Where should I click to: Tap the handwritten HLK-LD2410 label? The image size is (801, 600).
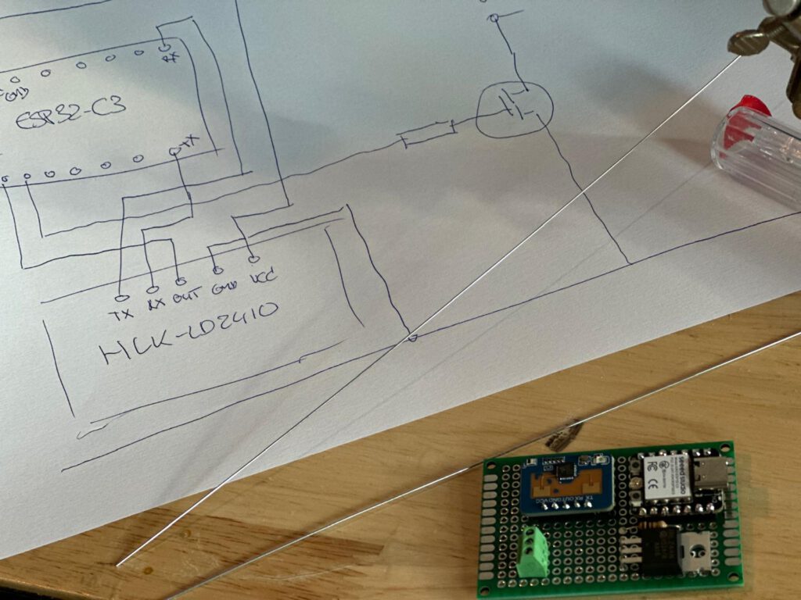[188, 331]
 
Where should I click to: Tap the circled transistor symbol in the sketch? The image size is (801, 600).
[514, 109]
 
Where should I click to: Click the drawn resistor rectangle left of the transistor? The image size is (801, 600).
[427, 134]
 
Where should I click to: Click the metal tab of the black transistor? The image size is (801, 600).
[695, 551]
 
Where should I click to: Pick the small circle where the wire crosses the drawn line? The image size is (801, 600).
[413, 337]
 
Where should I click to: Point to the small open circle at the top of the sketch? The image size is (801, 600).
[494, 17]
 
